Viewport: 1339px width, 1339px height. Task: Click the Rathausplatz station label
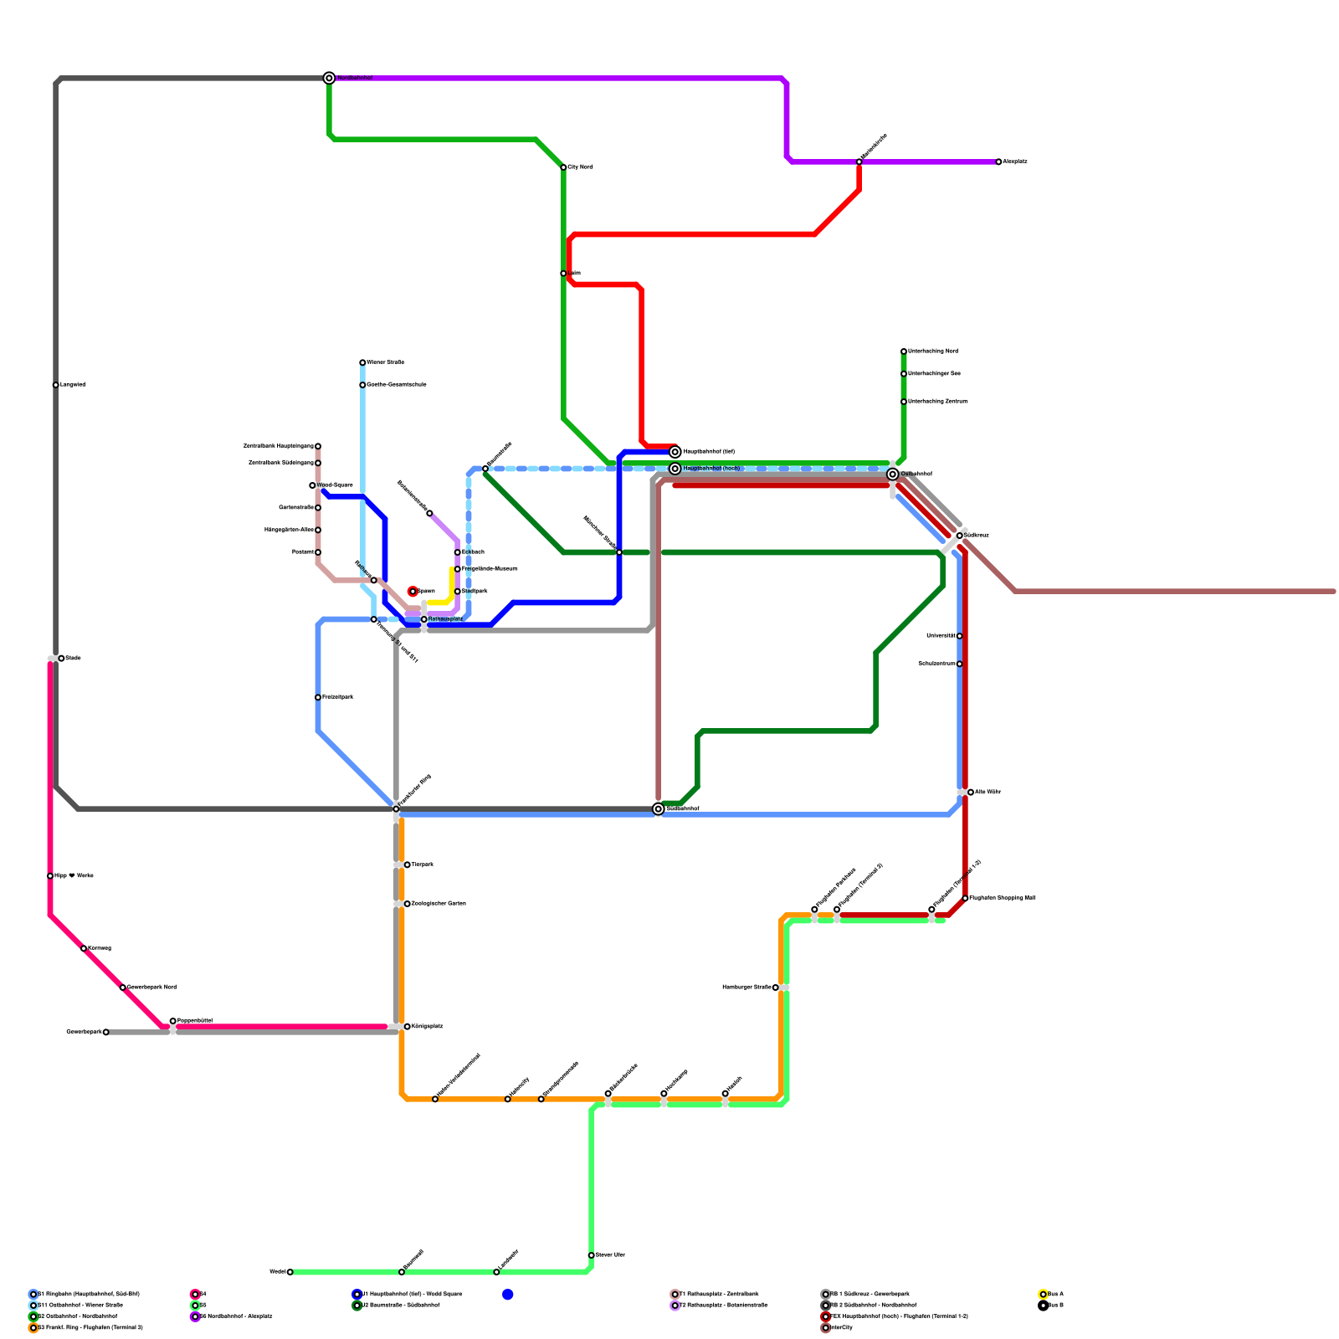click(445, 619)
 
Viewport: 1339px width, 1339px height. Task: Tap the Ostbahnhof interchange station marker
click(893, 475)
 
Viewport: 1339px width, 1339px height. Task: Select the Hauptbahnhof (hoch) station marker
click(675, 469)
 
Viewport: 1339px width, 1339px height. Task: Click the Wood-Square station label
click(335, 485)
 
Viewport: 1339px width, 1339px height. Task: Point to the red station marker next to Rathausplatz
click(413, 592)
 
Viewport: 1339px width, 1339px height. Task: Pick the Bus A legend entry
click(1055, 1295)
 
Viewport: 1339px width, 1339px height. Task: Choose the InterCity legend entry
click(841, 1328)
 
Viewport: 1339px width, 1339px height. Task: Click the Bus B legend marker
click(1043, 1306)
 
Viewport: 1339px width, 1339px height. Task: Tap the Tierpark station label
click(422, 864)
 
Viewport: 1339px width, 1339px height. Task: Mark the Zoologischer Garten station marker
click(408, 904)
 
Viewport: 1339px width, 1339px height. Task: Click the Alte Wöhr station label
click(988, 792)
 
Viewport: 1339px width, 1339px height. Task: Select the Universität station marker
click(959, 636)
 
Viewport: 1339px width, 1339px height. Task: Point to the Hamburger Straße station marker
click(776, 988)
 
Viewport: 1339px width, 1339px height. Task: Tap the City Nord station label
click(581, 167)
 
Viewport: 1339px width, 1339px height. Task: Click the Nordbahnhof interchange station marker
click(330, 78)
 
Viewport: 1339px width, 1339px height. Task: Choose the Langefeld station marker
click(55, 385)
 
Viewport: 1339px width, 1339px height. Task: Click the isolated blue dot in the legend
click(508, 1295)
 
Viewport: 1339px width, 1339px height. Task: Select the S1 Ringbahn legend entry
click(89, 1295)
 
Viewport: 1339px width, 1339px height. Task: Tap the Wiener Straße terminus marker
click(362, 362)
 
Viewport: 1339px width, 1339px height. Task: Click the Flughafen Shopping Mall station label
click(1003, 898)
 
